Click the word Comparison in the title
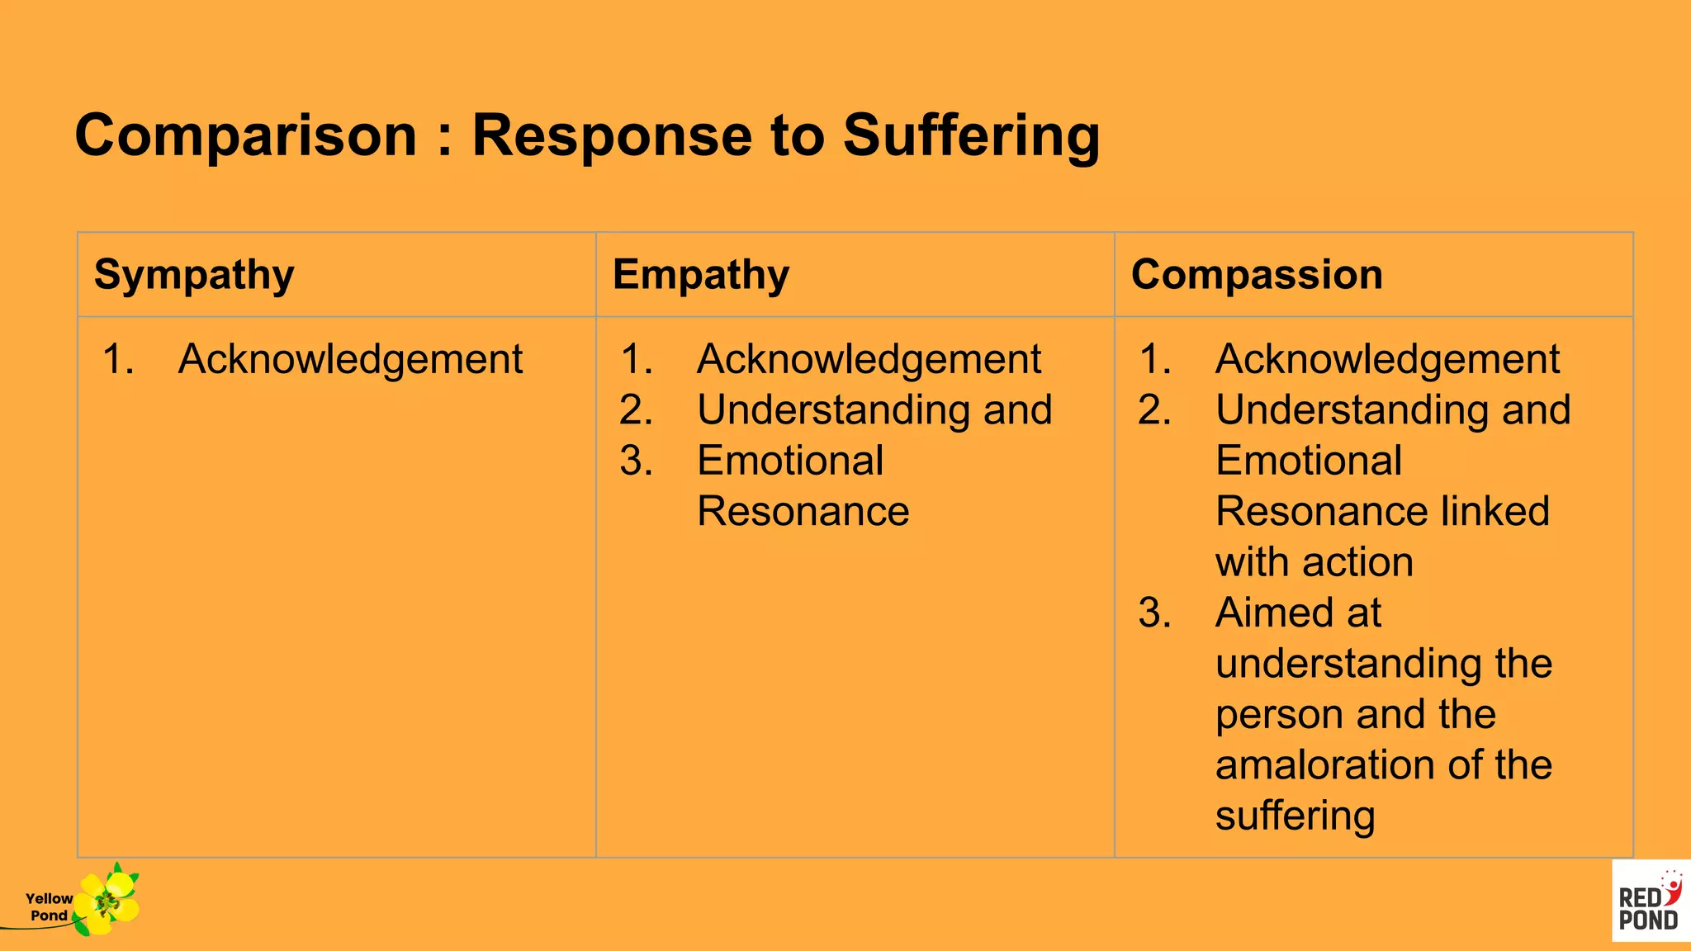click(x=246, y=135)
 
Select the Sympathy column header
click(x=194, y=275)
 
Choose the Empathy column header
click(x=701, y=275)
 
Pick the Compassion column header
click(x=1257, y=275)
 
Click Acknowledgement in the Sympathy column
click(x=350, y=360)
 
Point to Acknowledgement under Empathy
click(x=869, y=360)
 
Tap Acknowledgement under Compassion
click(x=1387, y=360)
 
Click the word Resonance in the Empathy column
click(x=803, y=512)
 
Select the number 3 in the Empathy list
click(x=636, y=461)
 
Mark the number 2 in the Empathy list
click(x=636, y=410)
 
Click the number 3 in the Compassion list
click(x=1154, y=613)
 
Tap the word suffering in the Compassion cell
click(x=1295, y=816)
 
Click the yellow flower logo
click(x=107, y=901)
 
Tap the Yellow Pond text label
click(x=49, y=906)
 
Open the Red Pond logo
click(x=1650, y=901)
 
